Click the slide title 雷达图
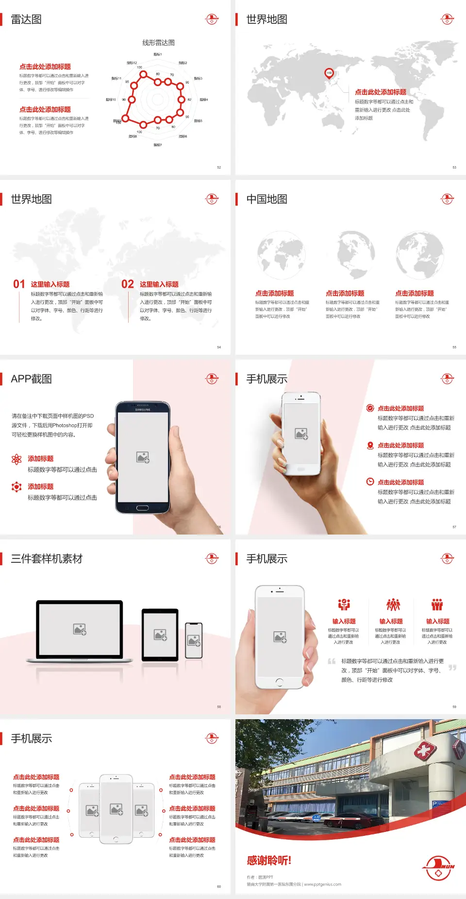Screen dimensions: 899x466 coord(26,19)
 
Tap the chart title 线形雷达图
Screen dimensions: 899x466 coord(158,43)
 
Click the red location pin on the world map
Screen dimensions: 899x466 coord(329,73)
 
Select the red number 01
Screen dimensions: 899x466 coord(19,284)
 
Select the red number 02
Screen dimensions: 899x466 coord(128,284)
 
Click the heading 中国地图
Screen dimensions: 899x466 coord(266,199)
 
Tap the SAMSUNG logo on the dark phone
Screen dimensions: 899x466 coord(143,410)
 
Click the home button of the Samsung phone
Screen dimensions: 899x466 coord(142,508)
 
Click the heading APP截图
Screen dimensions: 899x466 coord(32,379)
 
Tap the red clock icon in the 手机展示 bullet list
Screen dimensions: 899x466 coord(370,482)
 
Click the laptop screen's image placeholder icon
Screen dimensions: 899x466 coord(80,629)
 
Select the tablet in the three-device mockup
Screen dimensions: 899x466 coord(160,634)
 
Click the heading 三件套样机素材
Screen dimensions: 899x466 coord(47,559)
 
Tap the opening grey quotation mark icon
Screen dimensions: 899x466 coord(332,661)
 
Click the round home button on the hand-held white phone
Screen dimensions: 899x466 coord(279,682)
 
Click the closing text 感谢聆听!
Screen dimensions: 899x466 coord(269,861)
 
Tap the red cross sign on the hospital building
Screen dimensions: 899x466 coord(425,751)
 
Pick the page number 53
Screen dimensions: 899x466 coord(454,167)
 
